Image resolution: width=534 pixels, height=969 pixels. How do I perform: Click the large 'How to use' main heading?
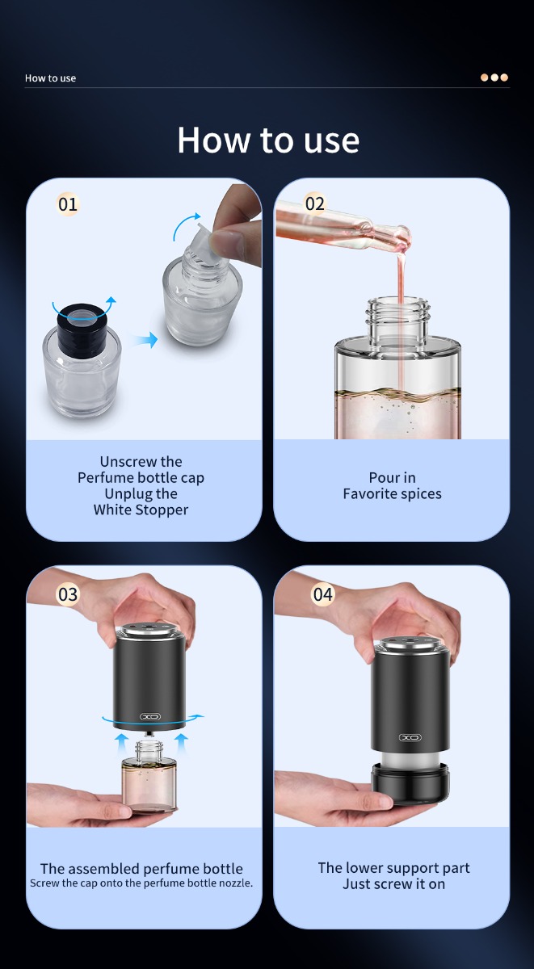click(268, 141)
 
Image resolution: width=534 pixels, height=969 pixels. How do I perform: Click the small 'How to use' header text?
click(50, 78)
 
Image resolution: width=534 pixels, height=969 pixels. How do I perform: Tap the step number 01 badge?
click(68, 204)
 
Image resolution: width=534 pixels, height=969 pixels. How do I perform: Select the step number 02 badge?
click(314, 203)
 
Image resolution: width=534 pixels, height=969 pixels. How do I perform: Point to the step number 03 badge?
click(68, 594)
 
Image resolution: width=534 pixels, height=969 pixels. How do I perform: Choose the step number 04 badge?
click(323, 594)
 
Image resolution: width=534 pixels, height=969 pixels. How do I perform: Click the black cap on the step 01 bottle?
click(82, 325)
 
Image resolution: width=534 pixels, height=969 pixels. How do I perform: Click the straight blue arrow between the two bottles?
click(145, 340)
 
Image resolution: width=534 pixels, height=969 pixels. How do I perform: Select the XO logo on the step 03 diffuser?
click(150, 717)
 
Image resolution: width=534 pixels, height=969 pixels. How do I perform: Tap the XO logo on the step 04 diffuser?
click(410, 737)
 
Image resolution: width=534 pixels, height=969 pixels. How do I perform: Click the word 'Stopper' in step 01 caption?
click(162, 510)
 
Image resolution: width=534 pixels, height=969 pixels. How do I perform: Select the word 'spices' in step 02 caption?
click(421, 494)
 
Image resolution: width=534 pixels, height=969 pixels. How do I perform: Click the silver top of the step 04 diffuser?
click(409, 644)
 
